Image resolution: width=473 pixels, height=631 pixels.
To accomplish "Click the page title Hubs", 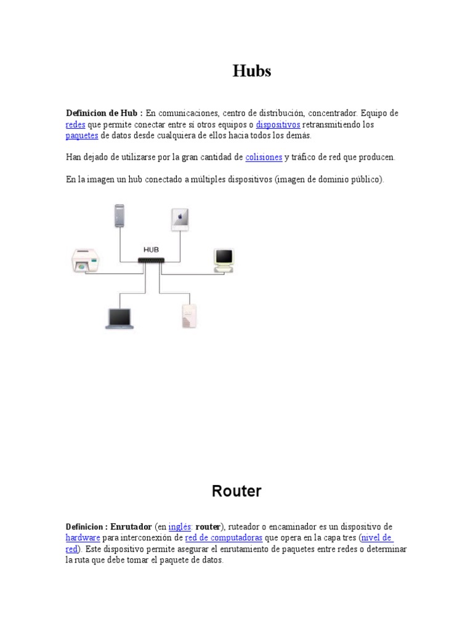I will [x=252, y=71].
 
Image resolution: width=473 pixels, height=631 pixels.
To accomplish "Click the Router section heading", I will [x=236, y=491].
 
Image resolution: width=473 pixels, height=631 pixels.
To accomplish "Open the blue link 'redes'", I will [x=75, y=124].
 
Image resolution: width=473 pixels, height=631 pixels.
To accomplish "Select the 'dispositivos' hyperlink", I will [x=278, y=124].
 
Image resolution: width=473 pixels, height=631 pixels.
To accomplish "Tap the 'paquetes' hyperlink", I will [x=82, y=136].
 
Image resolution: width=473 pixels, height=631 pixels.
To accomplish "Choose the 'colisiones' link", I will [x=264, y=157].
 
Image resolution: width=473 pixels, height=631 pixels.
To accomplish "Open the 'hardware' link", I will [x=83, y=537].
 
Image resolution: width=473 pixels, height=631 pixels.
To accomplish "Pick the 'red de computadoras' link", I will [x=223, y=537].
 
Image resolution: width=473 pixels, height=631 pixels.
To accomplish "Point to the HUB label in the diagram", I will [x=151, y=250].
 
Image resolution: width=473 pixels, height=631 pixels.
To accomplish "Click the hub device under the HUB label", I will [x=151, y=261].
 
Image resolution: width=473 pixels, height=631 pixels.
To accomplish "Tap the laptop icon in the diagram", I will [x=119, y=319].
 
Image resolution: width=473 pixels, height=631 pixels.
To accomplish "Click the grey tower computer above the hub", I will [x=119, y=216].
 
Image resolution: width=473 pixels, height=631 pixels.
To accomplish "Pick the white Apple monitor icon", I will [x=180, y=219].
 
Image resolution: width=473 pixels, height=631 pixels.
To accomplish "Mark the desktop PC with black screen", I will [x=224, y=259].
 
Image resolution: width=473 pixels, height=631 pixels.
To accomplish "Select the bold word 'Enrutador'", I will [x=131, y=527].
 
